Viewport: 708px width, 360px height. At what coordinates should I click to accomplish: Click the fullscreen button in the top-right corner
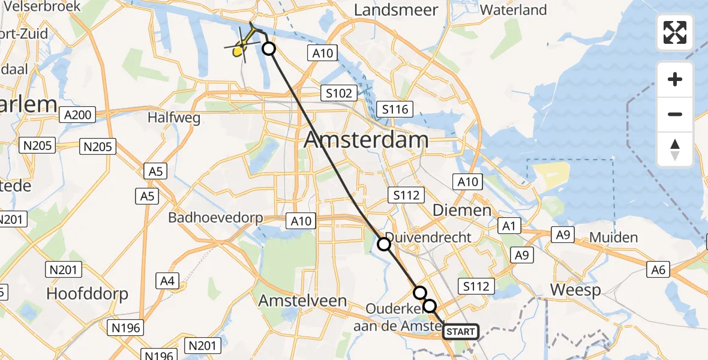(675, 32)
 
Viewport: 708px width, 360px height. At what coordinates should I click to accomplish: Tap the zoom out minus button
(675, 114)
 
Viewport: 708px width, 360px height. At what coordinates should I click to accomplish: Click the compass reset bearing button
(675, 149)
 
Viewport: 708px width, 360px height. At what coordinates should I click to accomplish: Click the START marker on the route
(460, 332)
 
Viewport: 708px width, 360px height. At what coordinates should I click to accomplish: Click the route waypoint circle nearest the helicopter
(269, 49)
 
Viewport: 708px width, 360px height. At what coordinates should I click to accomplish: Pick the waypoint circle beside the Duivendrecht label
(384, 244)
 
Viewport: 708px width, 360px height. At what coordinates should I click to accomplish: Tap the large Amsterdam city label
(366, 140)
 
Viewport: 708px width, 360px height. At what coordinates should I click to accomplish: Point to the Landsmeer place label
(396, 10)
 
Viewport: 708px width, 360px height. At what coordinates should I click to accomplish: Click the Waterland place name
(513, 10)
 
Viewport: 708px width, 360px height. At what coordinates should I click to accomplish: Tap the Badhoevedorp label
(215, 217)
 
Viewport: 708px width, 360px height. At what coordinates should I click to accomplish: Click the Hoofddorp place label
(88, 294)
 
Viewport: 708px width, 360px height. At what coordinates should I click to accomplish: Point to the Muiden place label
(613, 238)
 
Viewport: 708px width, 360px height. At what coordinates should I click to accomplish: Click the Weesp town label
(575, 290)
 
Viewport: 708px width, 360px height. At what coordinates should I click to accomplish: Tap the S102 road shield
(338, 93)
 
